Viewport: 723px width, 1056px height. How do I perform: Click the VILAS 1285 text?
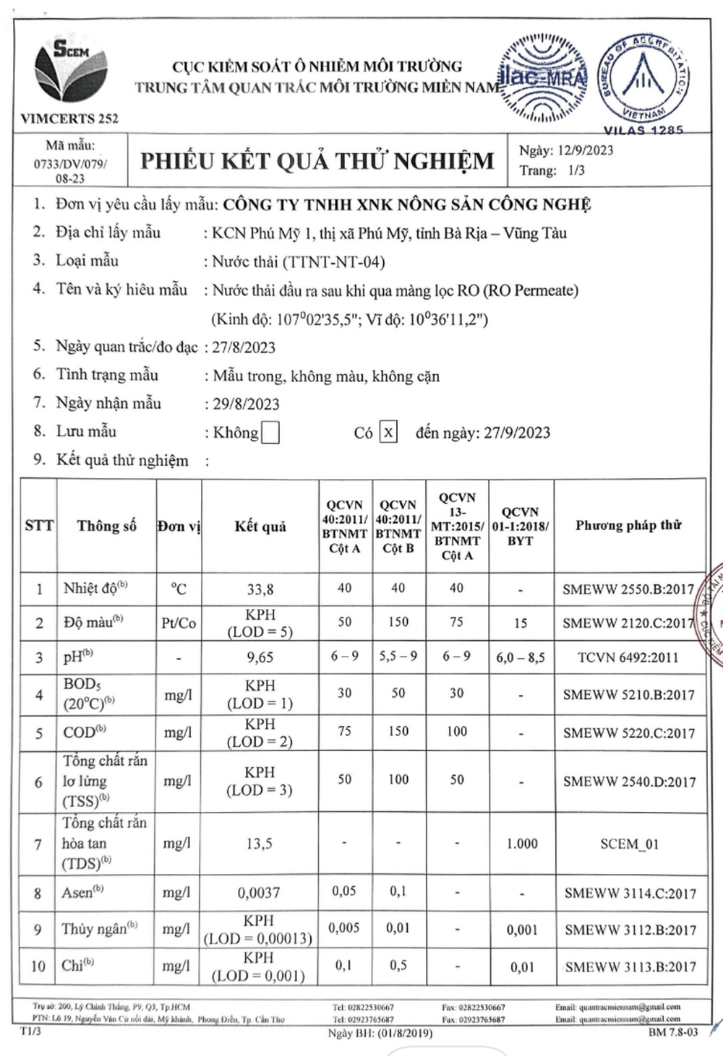pyautogui.click(x=643, y=131)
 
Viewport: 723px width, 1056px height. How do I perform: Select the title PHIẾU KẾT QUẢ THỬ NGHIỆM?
pyautogui.click(x=317, y=160)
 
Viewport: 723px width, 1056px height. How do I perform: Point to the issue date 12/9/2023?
pyautogui.click(x=585, y=150)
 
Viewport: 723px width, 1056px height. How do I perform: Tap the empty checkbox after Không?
pyautogui.click(x=270, y=433)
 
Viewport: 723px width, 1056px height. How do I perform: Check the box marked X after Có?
pyautogui.click(x=388, y=432)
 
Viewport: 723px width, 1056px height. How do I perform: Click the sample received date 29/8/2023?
pyautogui.click(x=246, y=404)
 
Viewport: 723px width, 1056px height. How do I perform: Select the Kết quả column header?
pyautogui.click(x=260, y=527)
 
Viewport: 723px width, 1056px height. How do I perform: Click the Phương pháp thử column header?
pyautogui.click(x=628, y=525)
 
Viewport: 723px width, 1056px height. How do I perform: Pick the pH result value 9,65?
pyautogui.click(x=260, y=658)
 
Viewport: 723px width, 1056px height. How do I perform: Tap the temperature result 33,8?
pyautogui.click(x=260, y=589)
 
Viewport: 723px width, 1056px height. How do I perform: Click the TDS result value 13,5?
pyautogui.click(x=259, y=844)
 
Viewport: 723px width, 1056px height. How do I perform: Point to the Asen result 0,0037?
pyautogui.click(x=258, y=893)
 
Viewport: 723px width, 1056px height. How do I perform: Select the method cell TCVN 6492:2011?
pyautogui.click(x=628, y=658)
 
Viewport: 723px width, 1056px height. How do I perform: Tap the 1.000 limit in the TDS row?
pyautogui.click(x=521, y=844)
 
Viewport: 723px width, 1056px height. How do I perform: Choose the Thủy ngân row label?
pyautogui.click(x=99, y=929)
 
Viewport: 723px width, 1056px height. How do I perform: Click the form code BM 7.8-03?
pyautogui.click(x=673, y=1032)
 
